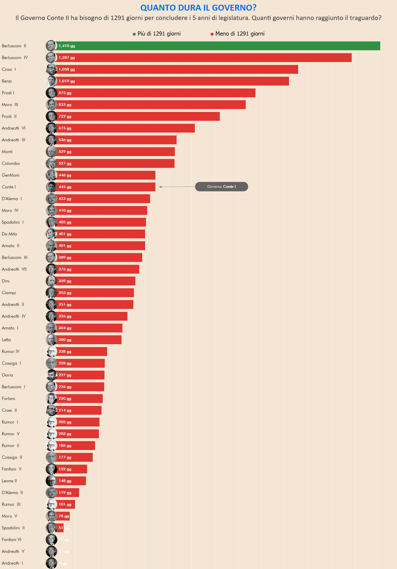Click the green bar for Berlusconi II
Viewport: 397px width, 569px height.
click(x=218, y=46)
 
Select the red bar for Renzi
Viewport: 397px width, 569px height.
click(x=172, y=81)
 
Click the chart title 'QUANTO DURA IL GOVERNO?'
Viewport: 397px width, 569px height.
click(x=198, y=8)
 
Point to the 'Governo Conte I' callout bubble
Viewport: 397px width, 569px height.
click(x=221, y=187)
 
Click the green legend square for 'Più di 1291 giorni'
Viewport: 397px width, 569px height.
click(x=134, y=34)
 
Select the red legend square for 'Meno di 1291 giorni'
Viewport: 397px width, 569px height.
click(x=212, y=34)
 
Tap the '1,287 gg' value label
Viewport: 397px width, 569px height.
click(x=67, y=58)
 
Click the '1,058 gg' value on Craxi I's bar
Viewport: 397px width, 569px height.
click(x=67, y=69)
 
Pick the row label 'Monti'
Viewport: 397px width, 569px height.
click(x=7, y=152)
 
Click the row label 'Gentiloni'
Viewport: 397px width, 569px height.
click(x=11, y=175)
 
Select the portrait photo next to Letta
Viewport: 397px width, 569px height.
click(x=51, y=340)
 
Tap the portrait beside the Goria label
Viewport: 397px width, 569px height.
click(x=51, y=375)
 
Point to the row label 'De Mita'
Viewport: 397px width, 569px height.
click(x=9, y=234)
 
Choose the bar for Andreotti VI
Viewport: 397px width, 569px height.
click(x=125, y=128)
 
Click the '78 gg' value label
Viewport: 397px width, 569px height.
click(x=64, y=516)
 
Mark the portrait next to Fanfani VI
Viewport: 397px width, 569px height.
click(x=51, y=540)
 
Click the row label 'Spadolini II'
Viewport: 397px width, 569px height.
click(x=13, y=528)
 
